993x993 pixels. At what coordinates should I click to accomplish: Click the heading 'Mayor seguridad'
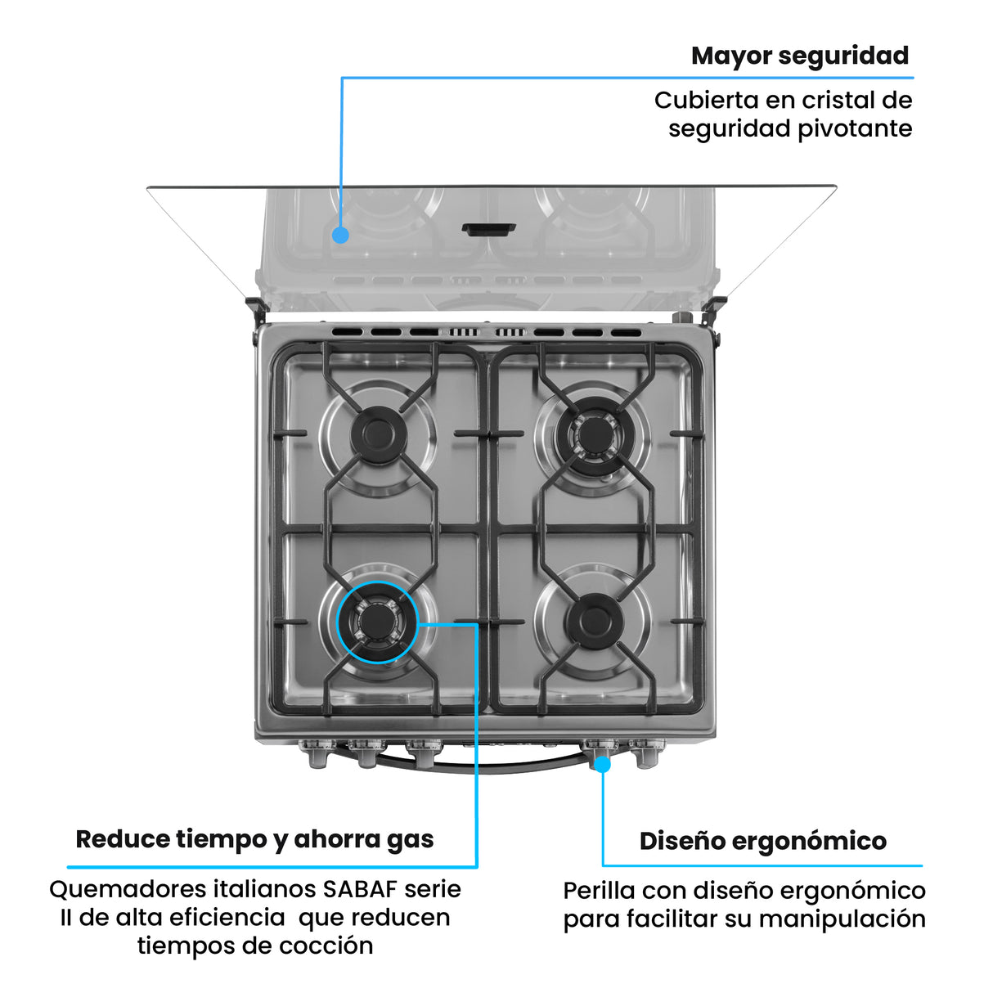click(x=799, y=56)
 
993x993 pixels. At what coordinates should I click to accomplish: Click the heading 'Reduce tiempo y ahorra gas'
click(x=254, y=839)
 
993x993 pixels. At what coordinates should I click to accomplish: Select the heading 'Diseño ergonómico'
click(x=762, y=841)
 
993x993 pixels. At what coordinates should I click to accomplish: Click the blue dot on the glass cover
click(x=341, y=235)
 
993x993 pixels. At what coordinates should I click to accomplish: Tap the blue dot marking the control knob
click(x=602, y=764)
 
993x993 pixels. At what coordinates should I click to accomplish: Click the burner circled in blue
click(x=377, y=621)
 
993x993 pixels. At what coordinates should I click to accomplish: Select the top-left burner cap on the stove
click(x=378, y=433)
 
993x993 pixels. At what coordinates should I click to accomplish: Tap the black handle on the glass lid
click(x=488, y=229)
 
